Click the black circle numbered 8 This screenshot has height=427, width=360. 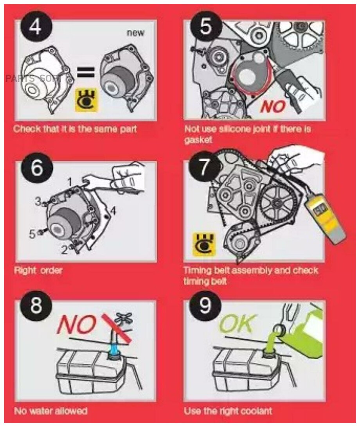(36, 305)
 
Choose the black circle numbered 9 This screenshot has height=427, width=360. (205, 305)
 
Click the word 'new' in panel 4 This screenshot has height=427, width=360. (135, 33)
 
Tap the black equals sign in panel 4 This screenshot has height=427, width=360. (86, 72)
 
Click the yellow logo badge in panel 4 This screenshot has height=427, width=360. (86, 100)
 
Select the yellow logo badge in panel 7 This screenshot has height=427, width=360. (204, 244)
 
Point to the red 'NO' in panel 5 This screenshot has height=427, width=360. (274, 106)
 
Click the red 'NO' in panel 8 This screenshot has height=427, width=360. (77, 325)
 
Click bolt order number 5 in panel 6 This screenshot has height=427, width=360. (32, 234)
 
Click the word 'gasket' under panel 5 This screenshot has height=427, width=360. (198, 140)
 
